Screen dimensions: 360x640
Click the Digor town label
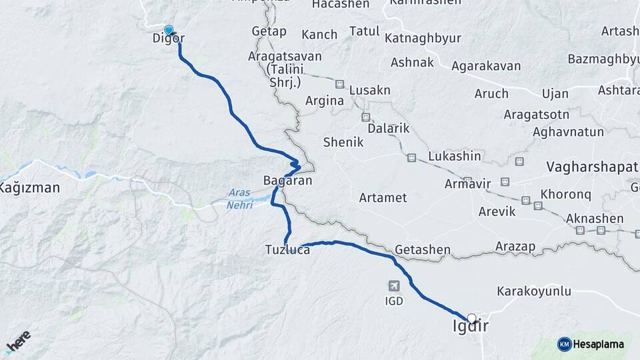pyautogui.click(x=168, y=39)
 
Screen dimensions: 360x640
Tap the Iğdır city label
pyautogui.click(x=469, y=327)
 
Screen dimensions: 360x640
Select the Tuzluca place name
pyautogui.click(x=287, y=251)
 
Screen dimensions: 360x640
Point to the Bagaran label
pyautogui.click(x=287, y=181)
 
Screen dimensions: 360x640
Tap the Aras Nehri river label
pyautogui.click(x=239, y=199)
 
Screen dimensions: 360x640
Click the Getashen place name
pyautogui.click(x=422, y=251)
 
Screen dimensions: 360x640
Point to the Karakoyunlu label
pyautogui.click(x=534, y=291)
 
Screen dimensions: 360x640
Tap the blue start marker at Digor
pyautogui.click(x=169, y=30)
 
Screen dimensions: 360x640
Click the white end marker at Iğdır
pyautogui.click(x=472, y=318)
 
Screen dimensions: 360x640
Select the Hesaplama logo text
pyautogui.click(x=598, y=344)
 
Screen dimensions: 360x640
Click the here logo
pyautogui.click(x=18, y=342)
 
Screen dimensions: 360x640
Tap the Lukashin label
pyautogui.click(x=455, y=156)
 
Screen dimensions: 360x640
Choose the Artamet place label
pyautogui.click(x=383, y=198)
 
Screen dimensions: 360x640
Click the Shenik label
pyautogui.click(x=343, y=142)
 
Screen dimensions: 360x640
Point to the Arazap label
pyautogui.click(x=515, y=247)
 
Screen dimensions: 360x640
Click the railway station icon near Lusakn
pyautogui.click(x=339, y=85)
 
